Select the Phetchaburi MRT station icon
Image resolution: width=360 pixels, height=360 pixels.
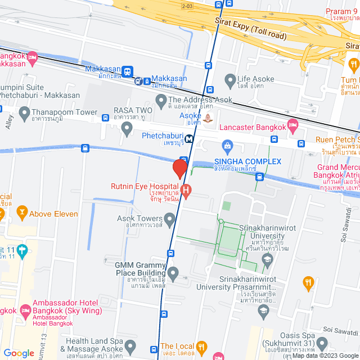click(190, 139)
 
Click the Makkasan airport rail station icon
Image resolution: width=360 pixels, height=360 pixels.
click(129, 71)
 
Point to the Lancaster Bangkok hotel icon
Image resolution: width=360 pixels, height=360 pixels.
click(292, 125)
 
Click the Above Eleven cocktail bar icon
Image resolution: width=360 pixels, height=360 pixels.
click(22, 213)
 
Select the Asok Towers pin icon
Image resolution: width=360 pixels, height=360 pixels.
click(169, 218)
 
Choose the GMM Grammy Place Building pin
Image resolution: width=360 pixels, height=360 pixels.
click(173, 275)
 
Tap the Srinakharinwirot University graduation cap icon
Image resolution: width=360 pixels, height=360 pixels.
click(268, 259)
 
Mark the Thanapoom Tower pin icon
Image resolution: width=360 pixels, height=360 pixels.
click(24, 114)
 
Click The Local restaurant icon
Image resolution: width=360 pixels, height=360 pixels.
click(202, 346)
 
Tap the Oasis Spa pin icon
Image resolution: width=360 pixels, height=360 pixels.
click(322, 343)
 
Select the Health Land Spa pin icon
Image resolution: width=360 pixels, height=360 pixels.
click(130, 345)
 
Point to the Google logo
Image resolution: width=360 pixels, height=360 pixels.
click(19, 353)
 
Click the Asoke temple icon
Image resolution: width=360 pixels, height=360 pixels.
click(209, 118)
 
